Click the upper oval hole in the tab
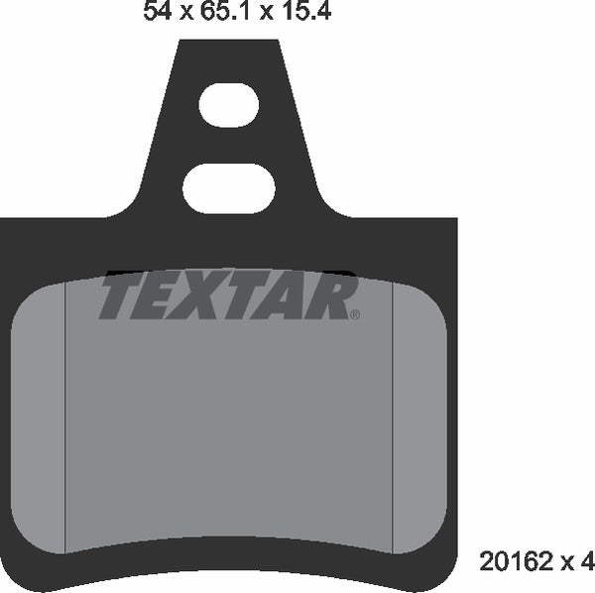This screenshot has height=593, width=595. coord(228,106)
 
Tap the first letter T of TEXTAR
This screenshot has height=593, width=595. coord(118,297)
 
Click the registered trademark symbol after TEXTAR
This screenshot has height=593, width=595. coord(355,315)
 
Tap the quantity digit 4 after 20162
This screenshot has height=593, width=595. coord(587,563)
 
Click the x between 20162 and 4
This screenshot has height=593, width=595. coord(569,564)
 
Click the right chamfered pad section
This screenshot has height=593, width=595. coord(419,416)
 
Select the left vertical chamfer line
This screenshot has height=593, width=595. coord(65,416)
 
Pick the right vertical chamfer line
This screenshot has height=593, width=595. coord(395,416)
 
